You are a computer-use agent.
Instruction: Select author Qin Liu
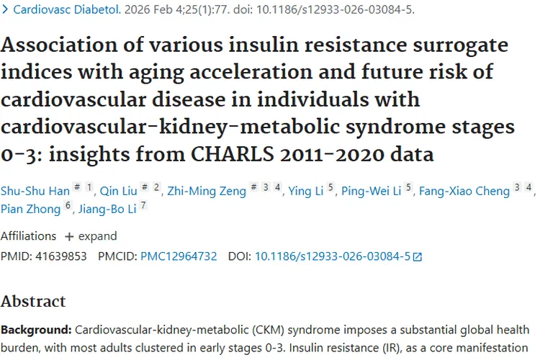pyautogui.click(x=118, y=190)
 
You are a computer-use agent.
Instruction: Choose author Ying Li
pyautogui.click(x=305, y=190)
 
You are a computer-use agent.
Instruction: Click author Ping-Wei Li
pyautogui.click(x=371, y=190)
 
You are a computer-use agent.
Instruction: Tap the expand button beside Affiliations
pyautogui.click(x=91, y=236)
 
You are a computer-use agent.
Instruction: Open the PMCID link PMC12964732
pyautogui.click(x=179, y=256)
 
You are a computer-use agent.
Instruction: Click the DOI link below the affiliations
pyautogui.click(x=333, y=256)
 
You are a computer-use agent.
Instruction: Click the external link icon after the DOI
pyautogui.click(x=418, y=256)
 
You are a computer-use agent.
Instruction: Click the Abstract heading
pyautogui.click(x=33, y=301)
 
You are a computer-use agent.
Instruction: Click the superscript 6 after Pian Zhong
pyautogui.click(x=68, y=205)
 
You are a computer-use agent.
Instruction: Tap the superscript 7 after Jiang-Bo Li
pyautogui.click(x=144, y=205)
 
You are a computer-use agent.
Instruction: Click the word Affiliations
pyautogui.click(x=28, y=236)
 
